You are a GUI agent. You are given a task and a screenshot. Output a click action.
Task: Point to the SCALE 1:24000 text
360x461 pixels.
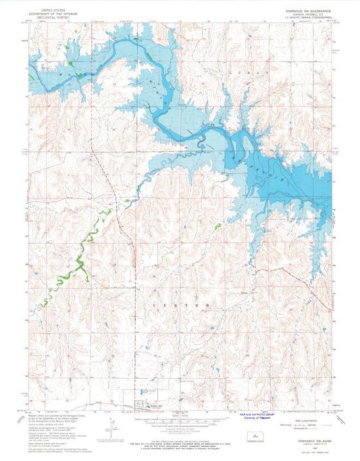point(180,414)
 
